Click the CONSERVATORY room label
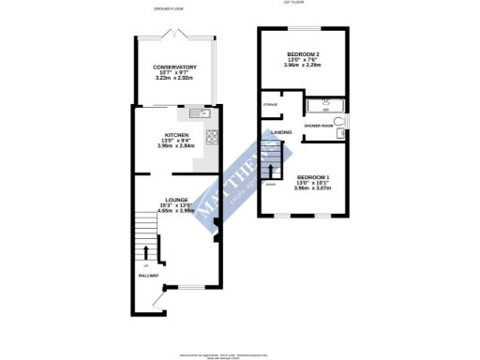coord(175,67)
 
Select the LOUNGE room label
coord(176,200)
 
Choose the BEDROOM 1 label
coord(313,177)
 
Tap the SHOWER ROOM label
coord(320,125)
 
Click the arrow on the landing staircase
coord(272,171)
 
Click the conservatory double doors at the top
coord(175,35)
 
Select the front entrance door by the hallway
coord(146,297)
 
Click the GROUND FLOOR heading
coord(170,7)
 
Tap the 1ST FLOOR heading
coord(293,3)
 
